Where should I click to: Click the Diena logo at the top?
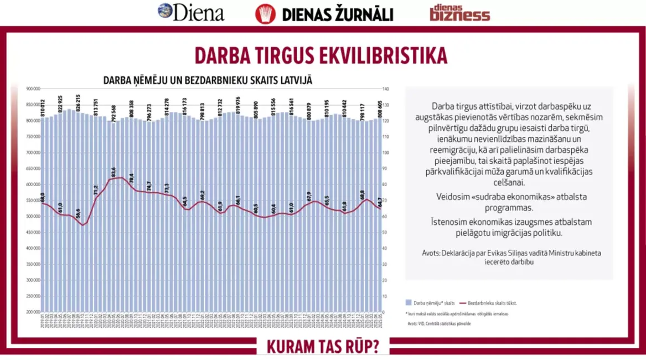(x=191, y=12)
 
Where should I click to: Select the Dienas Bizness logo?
(x=459, y=13)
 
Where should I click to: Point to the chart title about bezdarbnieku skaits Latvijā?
(x=208, y=80)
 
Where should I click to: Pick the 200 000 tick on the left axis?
(x=33, y=312)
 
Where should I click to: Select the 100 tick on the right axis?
(x=386, y=153)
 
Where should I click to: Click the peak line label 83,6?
(x=113, y=171)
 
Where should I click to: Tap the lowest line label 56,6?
(x=78, y=213)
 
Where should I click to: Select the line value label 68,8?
(x=363, y=195)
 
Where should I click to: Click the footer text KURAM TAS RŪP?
(x=323, y=347)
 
